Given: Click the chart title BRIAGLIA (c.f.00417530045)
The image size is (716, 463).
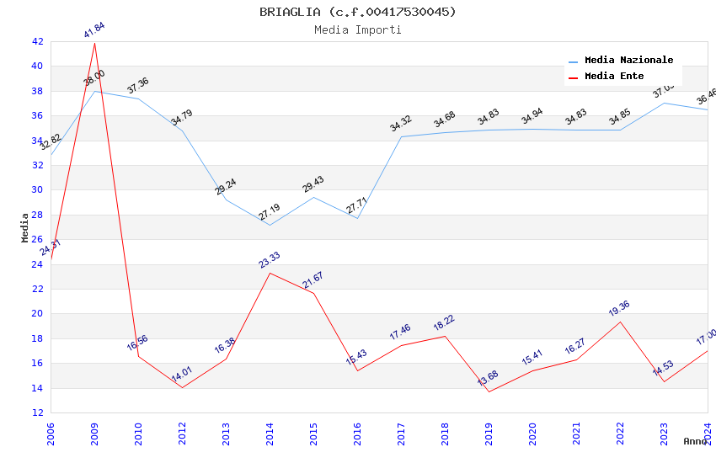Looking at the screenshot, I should (358, 12).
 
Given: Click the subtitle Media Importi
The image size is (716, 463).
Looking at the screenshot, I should (358, 30).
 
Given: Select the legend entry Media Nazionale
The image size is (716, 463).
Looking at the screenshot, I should (628, 61).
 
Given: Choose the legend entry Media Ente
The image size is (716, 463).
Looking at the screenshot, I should (614, 77).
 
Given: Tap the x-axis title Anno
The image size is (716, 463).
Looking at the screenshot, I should (695, 441).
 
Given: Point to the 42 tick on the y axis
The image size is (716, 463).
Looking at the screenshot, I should (38, 41).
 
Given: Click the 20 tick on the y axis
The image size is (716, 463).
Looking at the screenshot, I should (38, 314).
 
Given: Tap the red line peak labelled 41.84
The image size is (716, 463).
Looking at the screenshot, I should (94, 43).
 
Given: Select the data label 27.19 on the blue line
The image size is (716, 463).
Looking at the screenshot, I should (270, 212).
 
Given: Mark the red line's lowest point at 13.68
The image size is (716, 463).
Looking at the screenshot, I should (489, 391).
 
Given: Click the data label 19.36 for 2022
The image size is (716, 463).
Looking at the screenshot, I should (619, 309).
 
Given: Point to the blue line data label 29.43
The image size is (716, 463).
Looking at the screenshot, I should (313, 184).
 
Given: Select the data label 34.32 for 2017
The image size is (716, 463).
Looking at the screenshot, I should (401, 124).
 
